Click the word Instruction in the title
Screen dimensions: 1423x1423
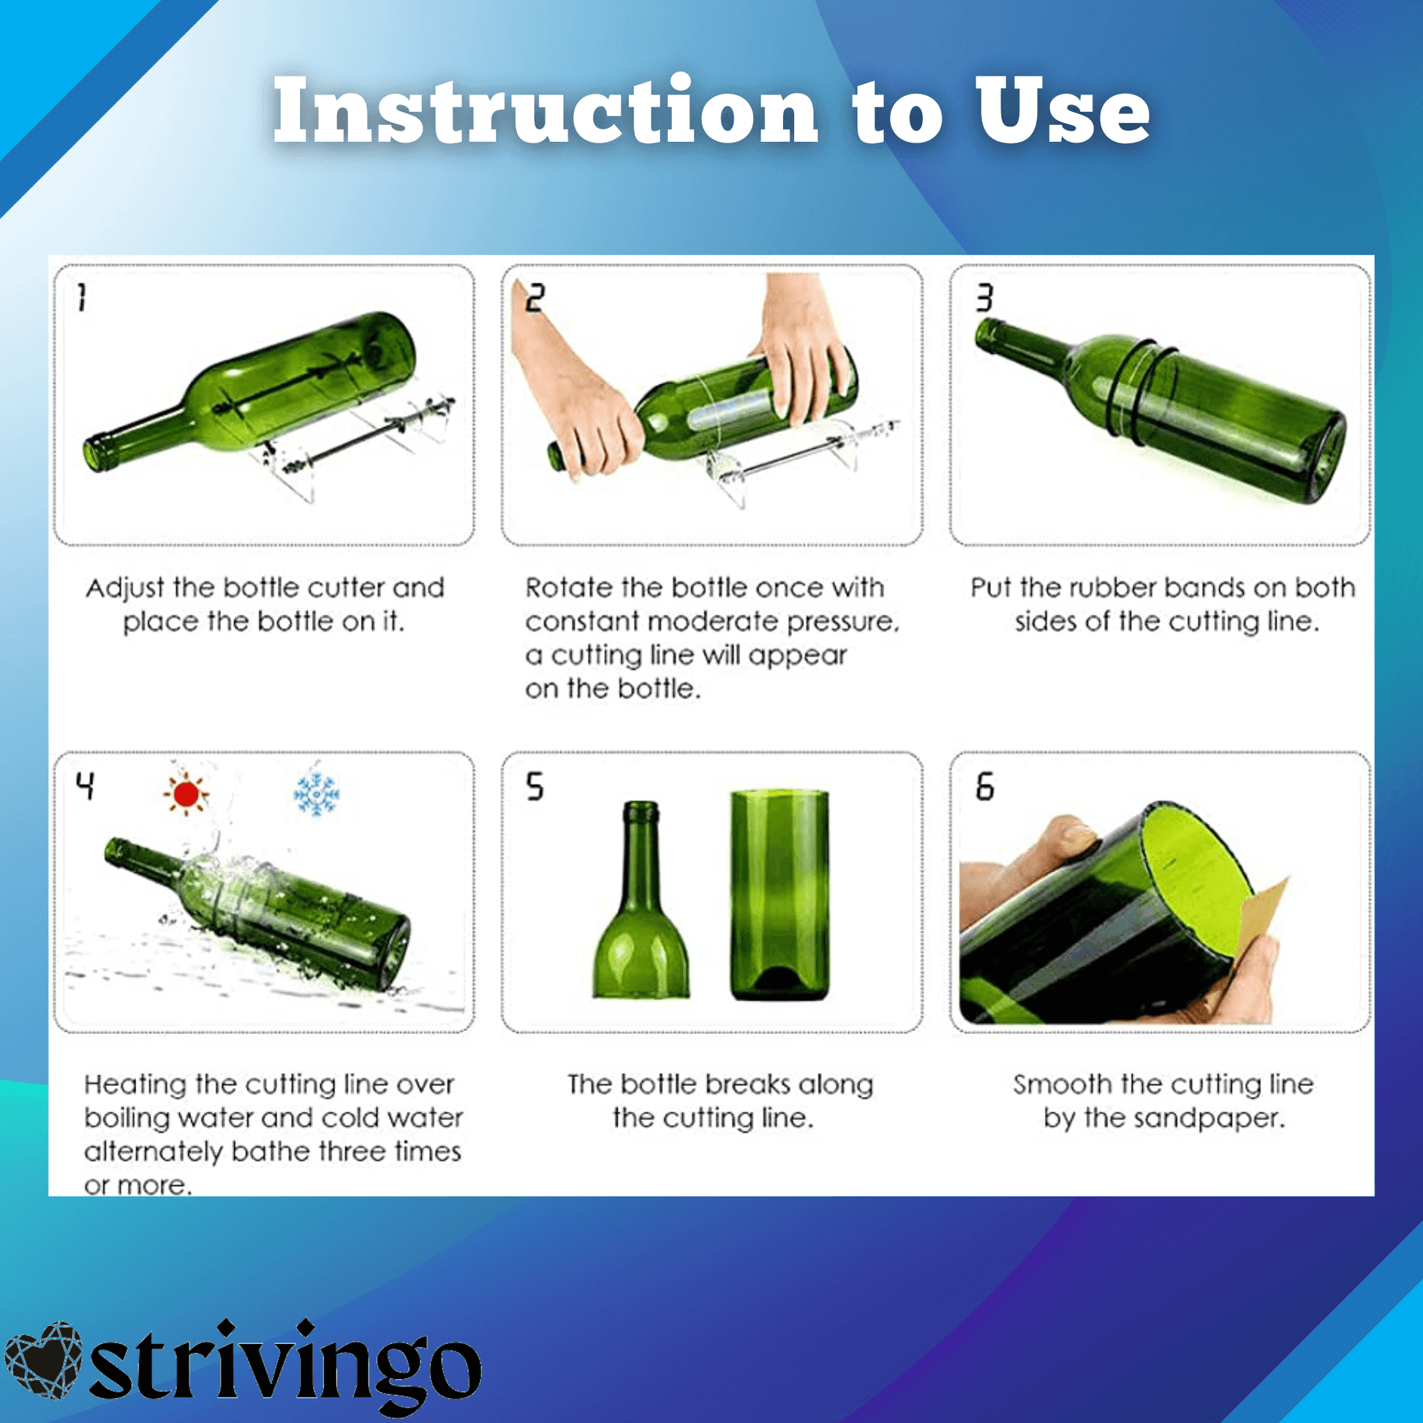tap(545, 110)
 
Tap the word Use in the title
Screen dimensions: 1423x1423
tap(1061, 110)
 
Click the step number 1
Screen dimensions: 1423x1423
tap(82, 298)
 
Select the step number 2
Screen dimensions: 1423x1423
tap(535, 298)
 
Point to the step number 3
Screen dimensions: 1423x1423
tap(985, 298)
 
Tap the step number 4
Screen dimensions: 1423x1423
tap(86, 787)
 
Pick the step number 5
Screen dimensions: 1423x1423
tap(535, 787)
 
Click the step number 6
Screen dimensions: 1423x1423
tap(985, 787)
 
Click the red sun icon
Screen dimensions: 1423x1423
tap(186, 794)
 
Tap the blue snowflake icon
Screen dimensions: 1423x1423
tap(317, 794)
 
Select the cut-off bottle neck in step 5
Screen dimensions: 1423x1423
tap(641, 899)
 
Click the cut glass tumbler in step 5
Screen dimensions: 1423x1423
tap(780, 895)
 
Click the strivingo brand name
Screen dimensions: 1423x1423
tap(285, 1367)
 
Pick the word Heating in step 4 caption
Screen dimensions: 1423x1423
tap(136, 1085)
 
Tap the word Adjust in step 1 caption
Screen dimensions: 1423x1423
tap(125, 588)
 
